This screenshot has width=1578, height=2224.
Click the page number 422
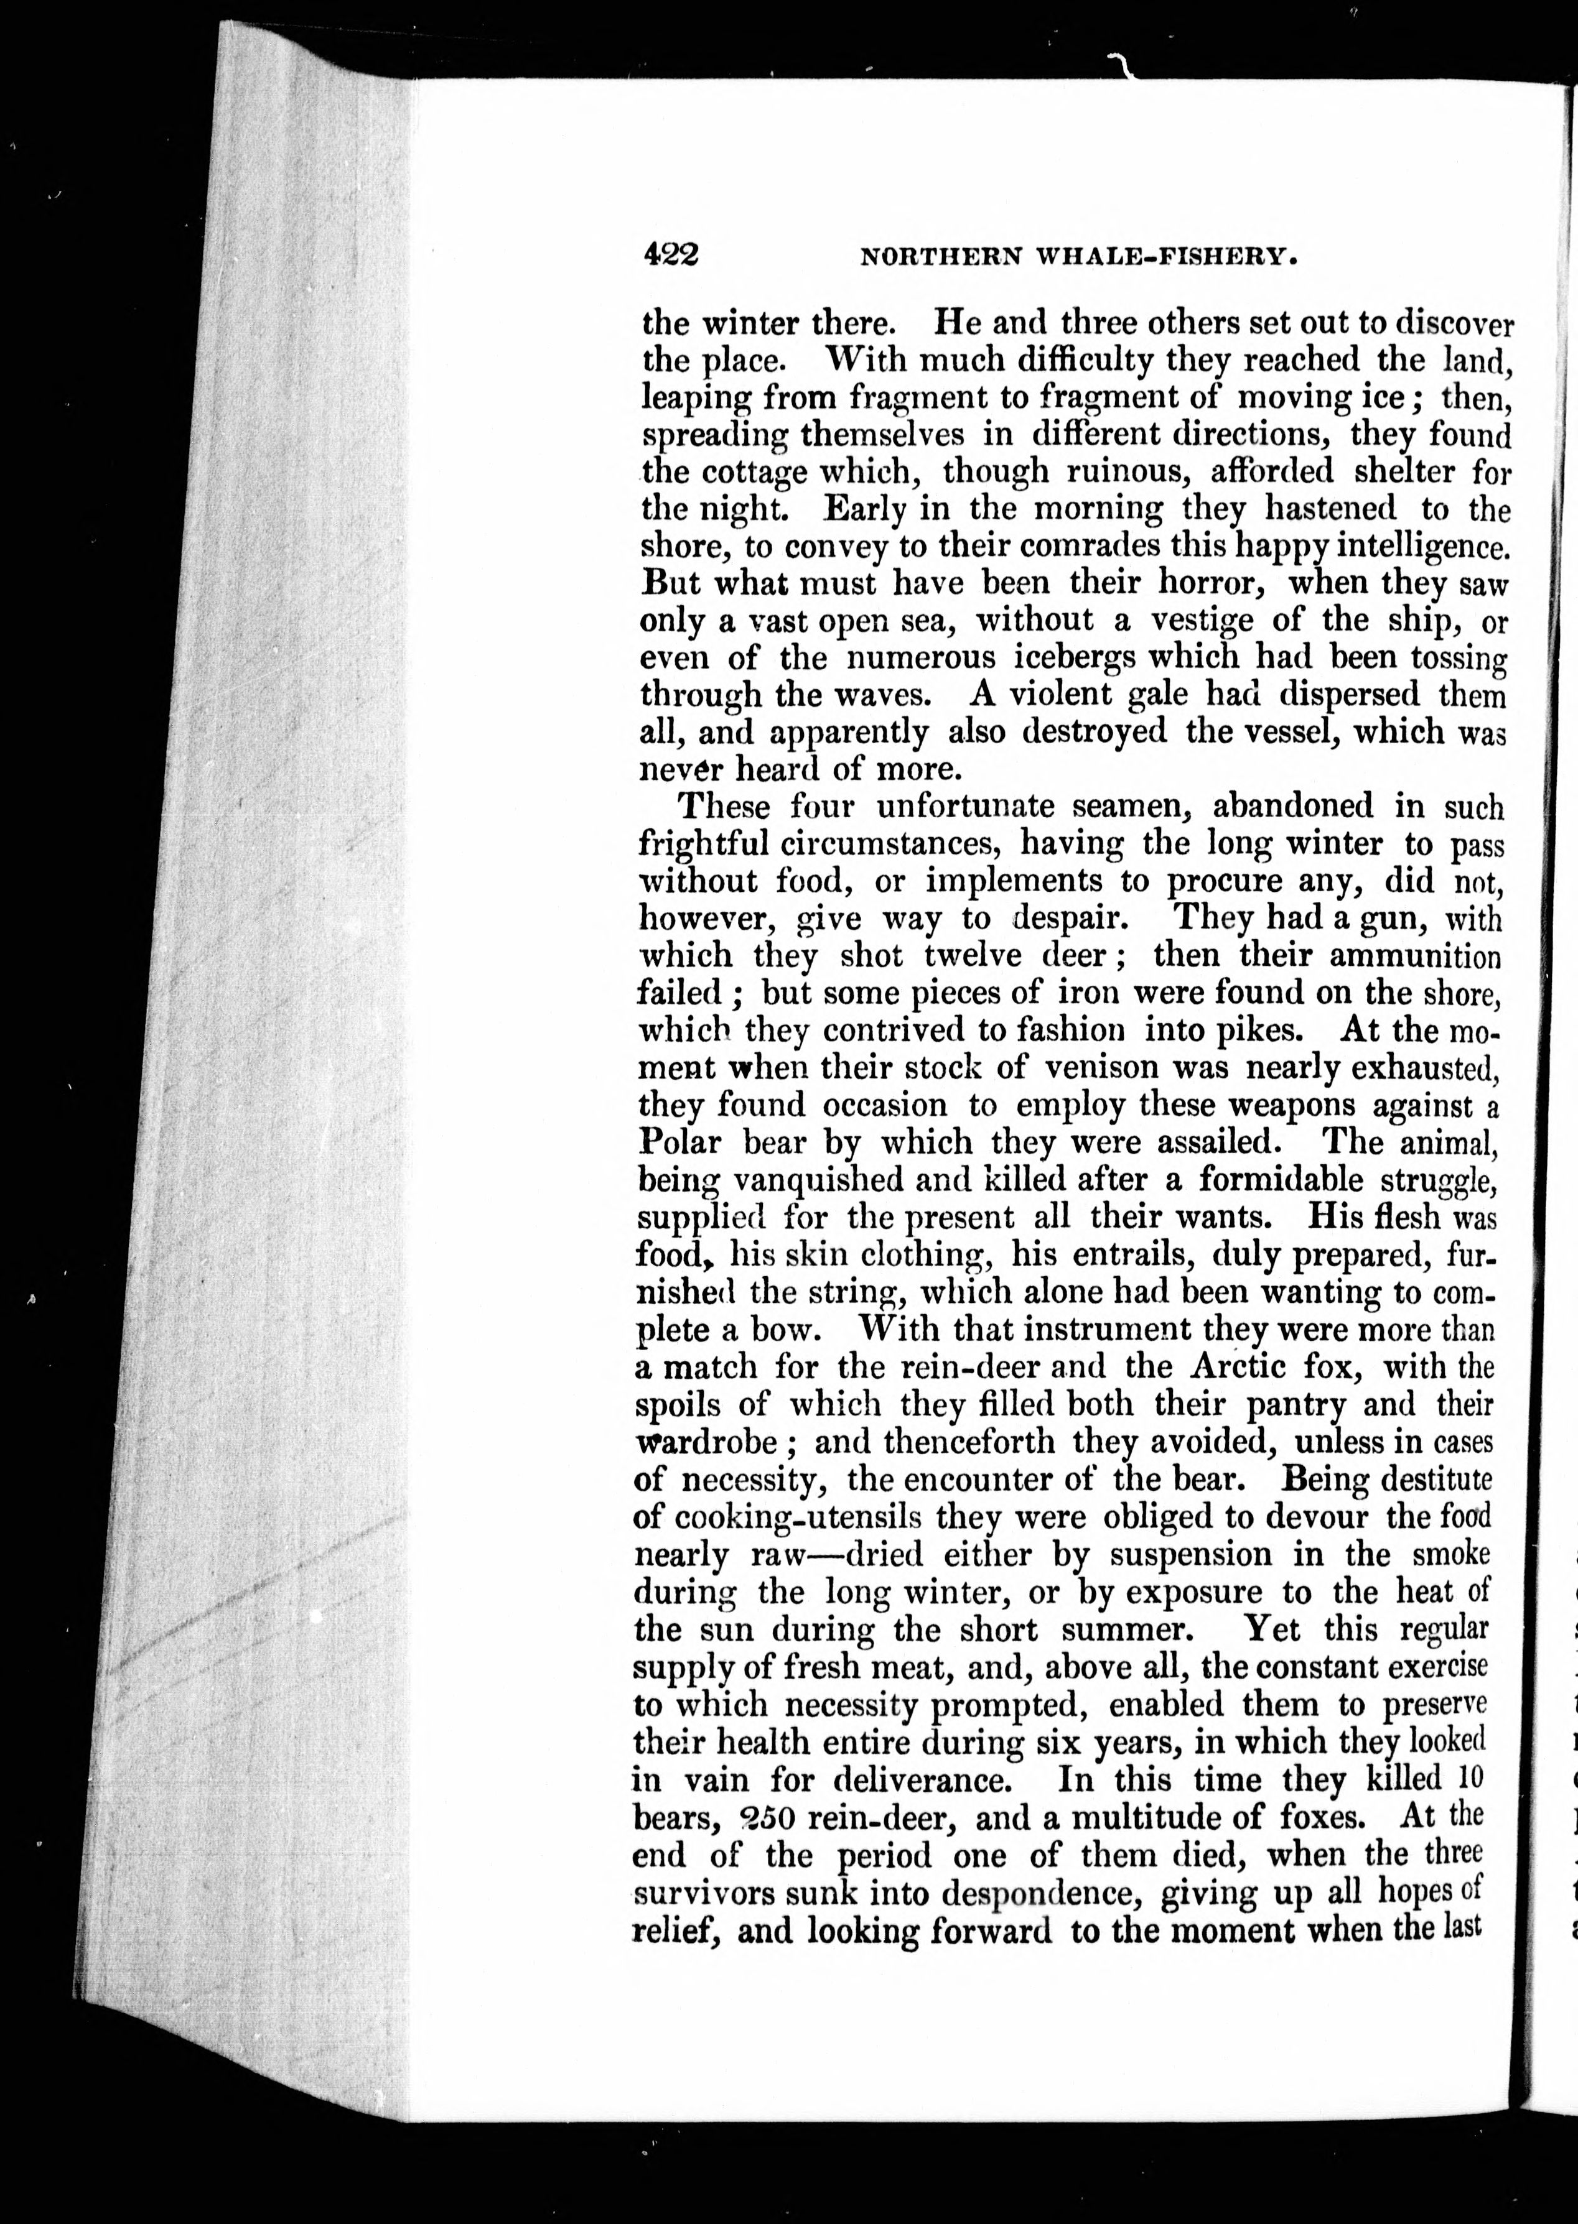tap(670, 256)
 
